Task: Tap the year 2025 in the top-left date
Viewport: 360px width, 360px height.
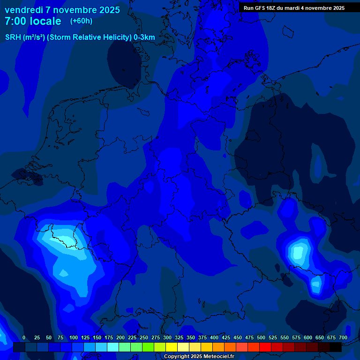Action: (108, 10)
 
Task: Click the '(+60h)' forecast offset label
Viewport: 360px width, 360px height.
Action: (81, 21)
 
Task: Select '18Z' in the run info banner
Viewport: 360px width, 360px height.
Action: (270, 8)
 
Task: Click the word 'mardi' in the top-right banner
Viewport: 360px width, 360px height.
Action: (294, 8)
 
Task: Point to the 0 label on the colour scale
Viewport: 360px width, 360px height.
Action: (24, 337)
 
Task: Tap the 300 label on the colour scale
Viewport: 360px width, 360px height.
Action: (167, 337)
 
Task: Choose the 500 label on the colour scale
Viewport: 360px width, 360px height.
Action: (261, 337)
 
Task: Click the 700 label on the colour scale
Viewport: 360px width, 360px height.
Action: (343, 337)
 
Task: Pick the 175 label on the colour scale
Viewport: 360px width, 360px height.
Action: (109, 337)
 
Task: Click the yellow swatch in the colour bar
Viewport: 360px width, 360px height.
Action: (172, 347)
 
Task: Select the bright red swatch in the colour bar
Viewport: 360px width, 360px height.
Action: (265, 347)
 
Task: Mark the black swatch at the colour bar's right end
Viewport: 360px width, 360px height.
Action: (336, 347)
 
